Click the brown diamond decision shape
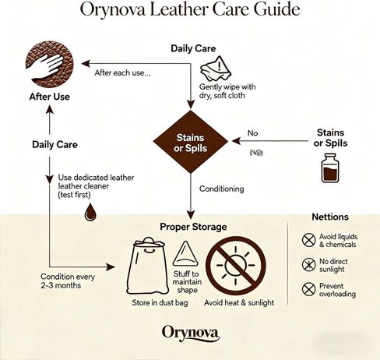point(191,142)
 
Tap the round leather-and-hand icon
point(50,64)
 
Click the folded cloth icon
point(216,69)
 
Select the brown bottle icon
point(330,168)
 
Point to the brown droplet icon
point(90,212)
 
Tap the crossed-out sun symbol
point(236,266)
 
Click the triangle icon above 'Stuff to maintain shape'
point(185,253)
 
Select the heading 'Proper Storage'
point(193,227)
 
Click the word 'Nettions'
point(330,217)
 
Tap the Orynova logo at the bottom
point(191,333)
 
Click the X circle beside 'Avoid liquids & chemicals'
point(308,240)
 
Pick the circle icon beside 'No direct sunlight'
point(308,265)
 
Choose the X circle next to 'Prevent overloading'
point(308,289)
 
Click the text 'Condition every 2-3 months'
point(68,281)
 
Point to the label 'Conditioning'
point(222,189)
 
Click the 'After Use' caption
point(50,97)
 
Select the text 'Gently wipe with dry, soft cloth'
point(227,91)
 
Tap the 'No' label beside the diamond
point(252,133)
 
